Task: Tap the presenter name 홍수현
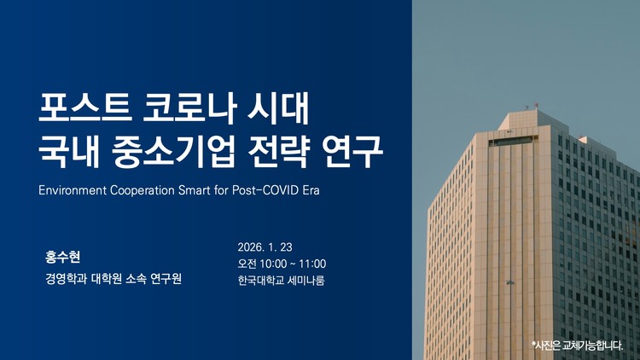tap(62, 256)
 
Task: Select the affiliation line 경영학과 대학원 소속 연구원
tap(114, 279)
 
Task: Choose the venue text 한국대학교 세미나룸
tap(281, 280)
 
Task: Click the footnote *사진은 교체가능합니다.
tap(576, 345)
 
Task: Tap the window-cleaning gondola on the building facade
tap(510, 282)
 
